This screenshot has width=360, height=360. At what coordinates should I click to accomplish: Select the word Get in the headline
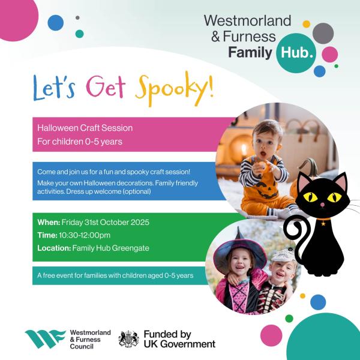click(107, 88)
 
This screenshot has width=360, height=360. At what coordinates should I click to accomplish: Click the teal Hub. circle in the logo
click(295, 55)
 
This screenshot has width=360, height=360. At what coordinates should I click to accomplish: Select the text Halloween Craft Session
click(85, 128)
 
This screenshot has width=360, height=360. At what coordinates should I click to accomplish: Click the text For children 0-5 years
click(79, 142)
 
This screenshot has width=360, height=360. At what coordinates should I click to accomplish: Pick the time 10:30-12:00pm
click(85, 235)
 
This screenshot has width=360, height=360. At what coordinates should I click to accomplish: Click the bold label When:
click(49, 222)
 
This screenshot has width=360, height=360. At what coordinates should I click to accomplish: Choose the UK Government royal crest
click(128, 339)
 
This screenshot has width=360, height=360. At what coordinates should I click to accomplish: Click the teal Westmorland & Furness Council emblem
click(44, 340)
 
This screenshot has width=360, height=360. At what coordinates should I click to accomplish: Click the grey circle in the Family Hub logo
click(323, 33)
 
